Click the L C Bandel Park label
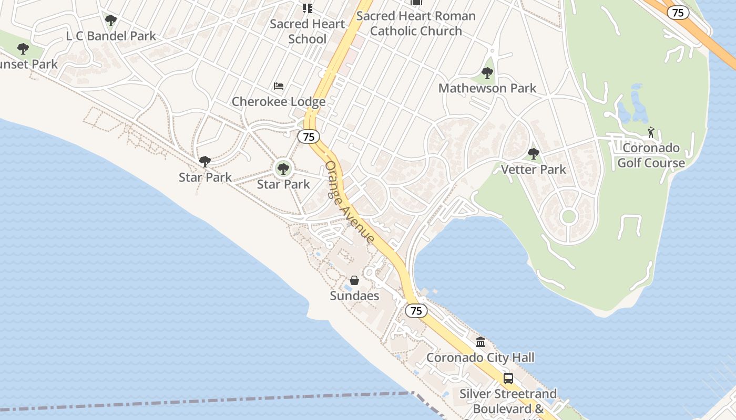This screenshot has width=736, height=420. click(x=111, y=36)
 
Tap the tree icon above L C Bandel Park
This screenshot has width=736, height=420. click(x=110, y=20)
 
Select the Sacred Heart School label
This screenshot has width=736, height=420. click(x=308, y=31)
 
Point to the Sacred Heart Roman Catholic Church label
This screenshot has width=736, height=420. click(x=416, y=24)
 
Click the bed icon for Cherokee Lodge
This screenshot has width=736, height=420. click(x=279, y=86)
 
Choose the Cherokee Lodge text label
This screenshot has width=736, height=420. click(x=279, y=101)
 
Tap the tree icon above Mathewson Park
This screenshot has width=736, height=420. click(x=487, y=73)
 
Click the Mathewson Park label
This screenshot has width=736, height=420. click(x=487, y=88)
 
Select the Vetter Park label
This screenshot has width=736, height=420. click(x=534, y=169)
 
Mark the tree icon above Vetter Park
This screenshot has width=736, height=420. click(x=534, y=154)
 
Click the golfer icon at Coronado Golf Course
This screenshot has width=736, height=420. click(x=651, y=132)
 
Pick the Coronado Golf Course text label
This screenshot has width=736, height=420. click(x=651, y=155)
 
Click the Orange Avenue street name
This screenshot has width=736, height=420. click(x=350, y=202)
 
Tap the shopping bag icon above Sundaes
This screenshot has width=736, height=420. click(x=354, y=280)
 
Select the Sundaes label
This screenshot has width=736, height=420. click(x=354, y=296)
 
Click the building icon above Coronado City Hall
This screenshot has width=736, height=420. click(x=481, y=342)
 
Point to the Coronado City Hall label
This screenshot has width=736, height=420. click(x=481, y=358)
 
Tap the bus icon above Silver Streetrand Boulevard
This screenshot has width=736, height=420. click(x=508, y=378)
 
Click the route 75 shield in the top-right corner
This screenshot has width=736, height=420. click(x=678, y=13)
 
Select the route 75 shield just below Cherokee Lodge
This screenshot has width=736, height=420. click(x=309, y=136)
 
